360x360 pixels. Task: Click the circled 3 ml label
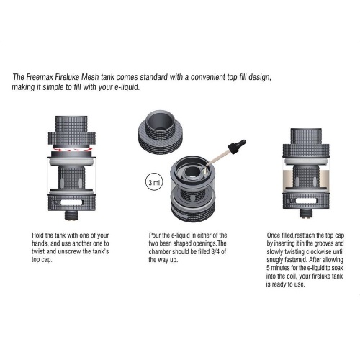154,183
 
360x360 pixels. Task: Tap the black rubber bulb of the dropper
238,145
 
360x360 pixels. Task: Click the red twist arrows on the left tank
71,150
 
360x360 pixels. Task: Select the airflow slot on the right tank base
306,201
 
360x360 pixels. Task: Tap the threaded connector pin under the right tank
306,213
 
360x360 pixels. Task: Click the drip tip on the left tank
71,124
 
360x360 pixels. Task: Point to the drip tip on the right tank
306,136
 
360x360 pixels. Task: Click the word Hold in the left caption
37,235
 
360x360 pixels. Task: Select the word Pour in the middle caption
155,235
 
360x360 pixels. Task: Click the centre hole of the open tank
192,172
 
